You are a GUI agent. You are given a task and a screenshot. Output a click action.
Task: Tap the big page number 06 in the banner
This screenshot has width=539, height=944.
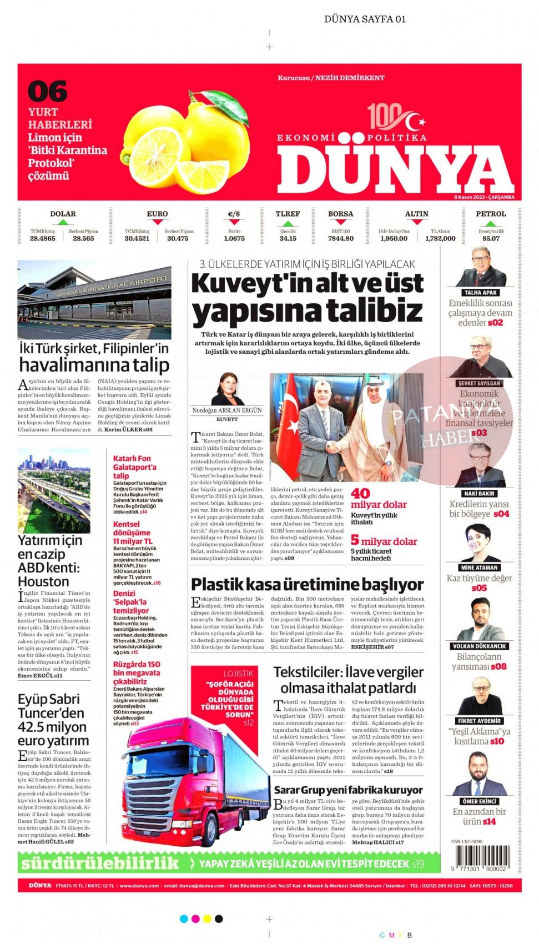coord(47,92)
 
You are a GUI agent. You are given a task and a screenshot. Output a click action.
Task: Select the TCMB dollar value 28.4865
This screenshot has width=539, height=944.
coord(43,239)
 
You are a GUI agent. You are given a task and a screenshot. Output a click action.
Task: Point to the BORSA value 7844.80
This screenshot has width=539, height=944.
coord(340,239)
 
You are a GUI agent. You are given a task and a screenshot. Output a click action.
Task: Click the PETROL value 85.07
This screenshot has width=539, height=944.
coord(491,239)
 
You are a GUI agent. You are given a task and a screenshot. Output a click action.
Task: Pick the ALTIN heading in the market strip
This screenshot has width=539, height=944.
coord(416,214)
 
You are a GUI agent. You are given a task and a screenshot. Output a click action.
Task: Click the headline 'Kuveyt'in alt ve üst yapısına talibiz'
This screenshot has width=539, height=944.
coord(307,297)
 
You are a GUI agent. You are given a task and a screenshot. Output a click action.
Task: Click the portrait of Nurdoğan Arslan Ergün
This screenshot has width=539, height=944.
coord(228,389)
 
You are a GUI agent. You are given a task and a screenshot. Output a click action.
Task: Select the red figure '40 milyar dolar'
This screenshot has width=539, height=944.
coord(378,499)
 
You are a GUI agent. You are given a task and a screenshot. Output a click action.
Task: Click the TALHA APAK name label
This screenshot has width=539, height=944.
coord(481,293)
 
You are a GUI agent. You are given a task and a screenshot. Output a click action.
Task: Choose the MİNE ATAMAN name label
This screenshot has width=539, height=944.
coord(480,568)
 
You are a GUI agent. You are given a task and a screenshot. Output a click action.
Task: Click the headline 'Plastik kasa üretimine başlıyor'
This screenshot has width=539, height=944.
coord(307,585)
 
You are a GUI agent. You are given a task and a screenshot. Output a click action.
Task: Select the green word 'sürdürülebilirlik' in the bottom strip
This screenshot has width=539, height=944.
coord(100,863)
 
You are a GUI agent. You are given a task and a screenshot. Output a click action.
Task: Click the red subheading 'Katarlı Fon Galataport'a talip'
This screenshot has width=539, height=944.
coord(134,467)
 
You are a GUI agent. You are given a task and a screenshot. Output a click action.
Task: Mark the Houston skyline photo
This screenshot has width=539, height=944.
coord(54,491)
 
